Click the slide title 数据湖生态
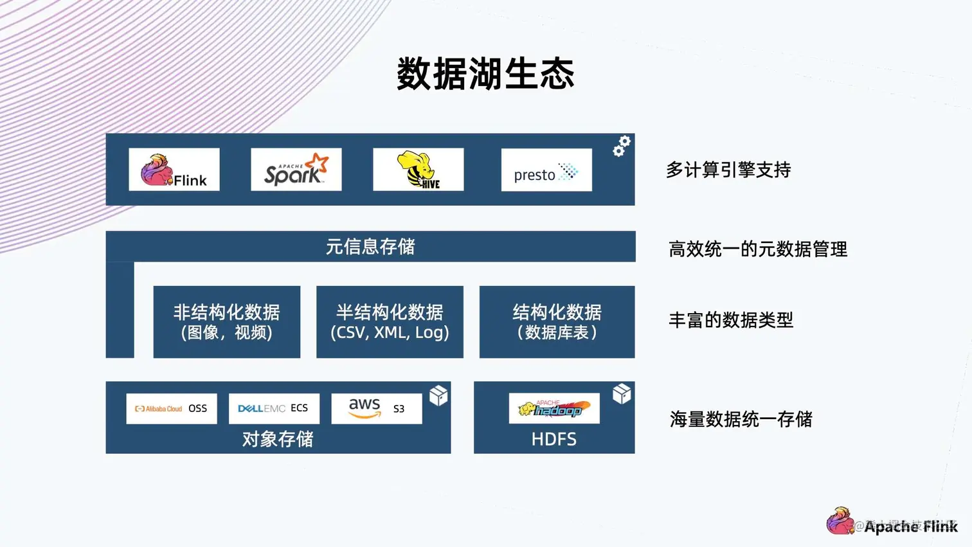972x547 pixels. pyautogui.click(x=485, y=73)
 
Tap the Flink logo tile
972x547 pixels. pyautogui.click(x=174, y=170)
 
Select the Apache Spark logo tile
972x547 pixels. pyautogui.click(x=296, y=170)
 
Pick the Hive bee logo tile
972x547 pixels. pyautogui.click(x=419, y=170)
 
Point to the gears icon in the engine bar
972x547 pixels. pyautogui.click(x=621, y=146)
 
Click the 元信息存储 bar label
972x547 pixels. pyautogui.click(x=370, y=247)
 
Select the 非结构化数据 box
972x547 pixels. pyautogui.click(x=227, y=322)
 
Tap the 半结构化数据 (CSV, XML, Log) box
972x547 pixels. pyautogui.click(x=390, y=322)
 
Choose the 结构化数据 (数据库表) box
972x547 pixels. pyautogui.click(x=557, y=322)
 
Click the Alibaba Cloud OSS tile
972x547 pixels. pyautogui.click(x=172, y=409)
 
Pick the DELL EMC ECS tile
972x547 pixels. pyautogui.click(x=274, y=409)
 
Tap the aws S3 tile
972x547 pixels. pyautogui.click(x=377, y=409)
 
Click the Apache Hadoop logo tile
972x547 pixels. pyautogui.click(x=554, y=409)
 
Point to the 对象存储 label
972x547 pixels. pyautogui.click(x=278, y=439)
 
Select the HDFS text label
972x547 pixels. pyautogui.click(x=553, y=440)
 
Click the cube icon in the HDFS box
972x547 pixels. pyautogui.click(x=622, y=393)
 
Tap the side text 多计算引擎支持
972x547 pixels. pyautogui.click(x=728, y=170)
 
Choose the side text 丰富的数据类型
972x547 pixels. pyautogui.click(x=731, y=320)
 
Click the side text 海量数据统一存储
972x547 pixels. pyautogui.click(x=741, y=420)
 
